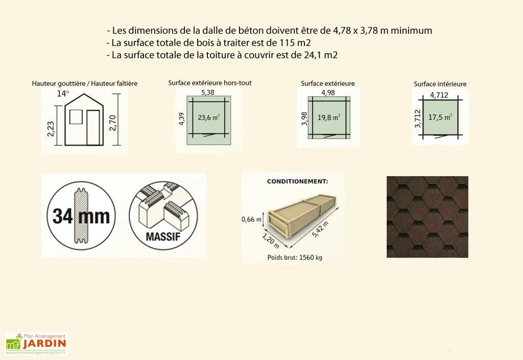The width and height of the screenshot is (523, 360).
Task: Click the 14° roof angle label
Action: click(x=62, y=93)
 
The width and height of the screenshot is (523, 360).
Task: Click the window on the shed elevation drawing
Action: click(x=75, y=118)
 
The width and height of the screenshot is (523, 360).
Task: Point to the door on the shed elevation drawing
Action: click(x=93, y=127)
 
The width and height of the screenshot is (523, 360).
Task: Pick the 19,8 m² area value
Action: click(x=328, y=117)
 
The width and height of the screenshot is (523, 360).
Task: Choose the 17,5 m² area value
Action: click(x=440, y=117)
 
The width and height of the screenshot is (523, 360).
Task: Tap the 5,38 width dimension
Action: click(x=207, y=92)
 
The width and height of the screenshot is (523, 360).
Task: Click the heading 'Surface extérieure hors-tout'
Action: click(x=209, y=83)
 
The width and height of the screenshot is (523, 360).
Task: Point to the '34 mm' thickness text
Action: click(x=81, y=216)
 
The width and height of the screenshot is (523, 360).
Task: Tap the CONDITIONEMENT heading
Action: click(x=298, y=181)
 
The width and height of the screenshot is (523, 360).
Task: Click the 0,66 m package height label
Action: click(x=251, y=220)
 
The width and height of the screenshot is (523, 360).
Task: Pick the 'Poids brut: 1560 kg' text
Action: click(x=295, y=258)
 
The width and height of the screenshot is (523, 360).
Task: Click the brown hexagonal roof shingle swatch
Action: click(x=427, y=217)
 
